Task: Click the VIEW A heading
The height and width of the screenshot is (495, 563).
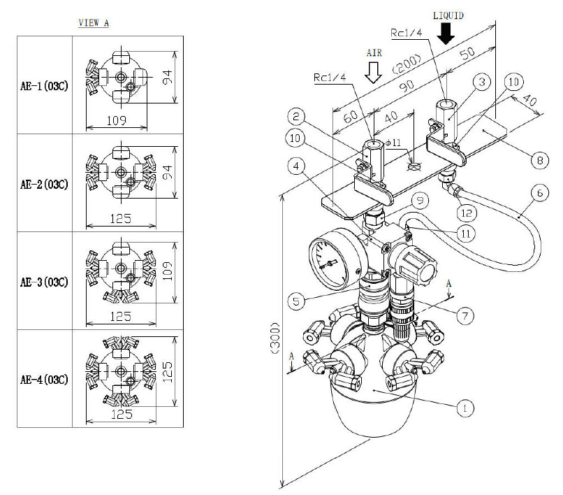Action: (x=94, y=22)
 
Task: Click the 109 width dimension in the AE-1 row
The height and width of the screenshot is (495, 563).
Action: (x=117, y=120)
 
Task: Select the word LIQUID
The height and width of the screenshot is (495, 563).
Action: (x=448, y=14)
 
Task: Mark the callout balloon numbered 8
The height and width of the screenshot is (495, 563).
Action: (x=537, y=160)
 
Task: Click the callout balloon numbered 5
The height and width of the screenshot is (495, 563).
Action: (x=295, y=302)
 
